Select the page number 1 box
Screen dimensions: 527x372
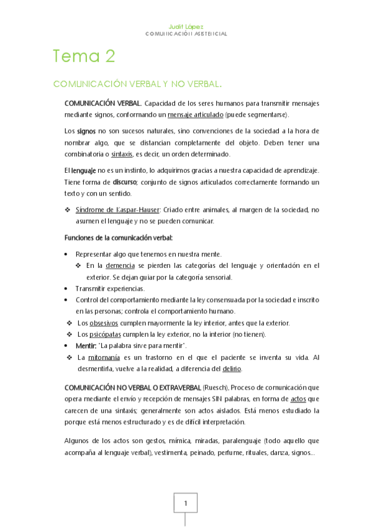(x=185, y=503)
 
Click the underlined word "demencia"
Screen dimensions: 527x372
(x=120, y=265)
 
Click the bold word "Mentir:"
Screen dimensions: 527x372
(x=86, y=346)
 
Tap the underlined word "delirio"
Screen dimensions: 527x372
(x=232, y=369)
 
